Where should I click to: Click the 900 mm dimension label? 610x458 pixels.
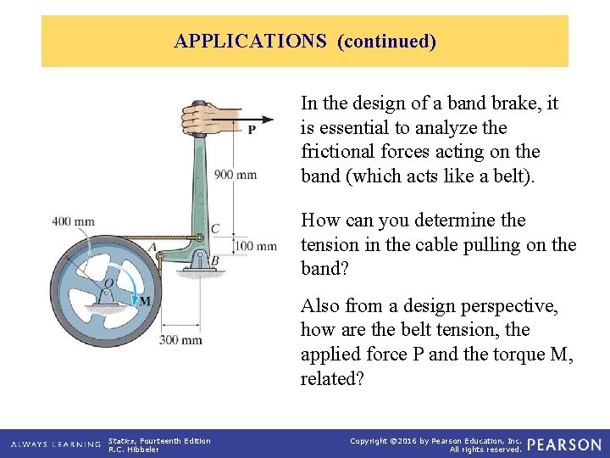(x=235, y=175)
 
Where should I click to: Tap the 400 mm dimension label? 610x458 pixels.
(x=73, y=222)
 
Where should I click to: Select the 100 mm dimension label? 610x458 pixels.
(x=255, y=246)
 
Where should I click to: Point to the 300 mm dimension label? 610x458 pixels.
(x=180, y=340)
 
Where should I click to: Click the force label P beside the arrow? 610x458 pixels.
(x=252, y=130)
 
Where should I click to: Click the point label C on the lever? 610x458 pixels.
(x=215, y=229)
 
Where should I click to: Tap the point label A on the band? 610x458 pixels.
(x=152, y=247)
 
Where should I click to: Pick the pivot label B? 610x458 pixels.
(x=215, y=260)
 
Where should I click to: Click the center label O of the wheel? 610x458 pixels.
(x=108, y=283)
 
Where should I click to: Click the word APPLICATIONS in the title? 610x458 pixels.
(x=250, y=41)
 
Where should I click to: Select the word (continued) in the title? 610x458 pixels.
(x=386, y=41)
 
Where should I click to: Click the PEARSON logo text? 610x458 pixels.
(x=563, y=444)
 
